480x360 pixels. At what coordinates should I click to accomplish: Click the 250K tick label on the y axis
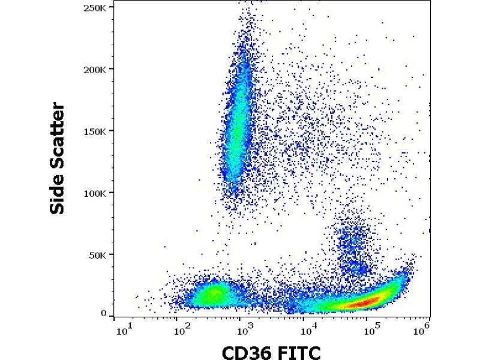[97, 8]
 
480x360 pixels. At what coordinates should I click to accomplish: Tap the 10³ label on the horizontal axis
[243, 329]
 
